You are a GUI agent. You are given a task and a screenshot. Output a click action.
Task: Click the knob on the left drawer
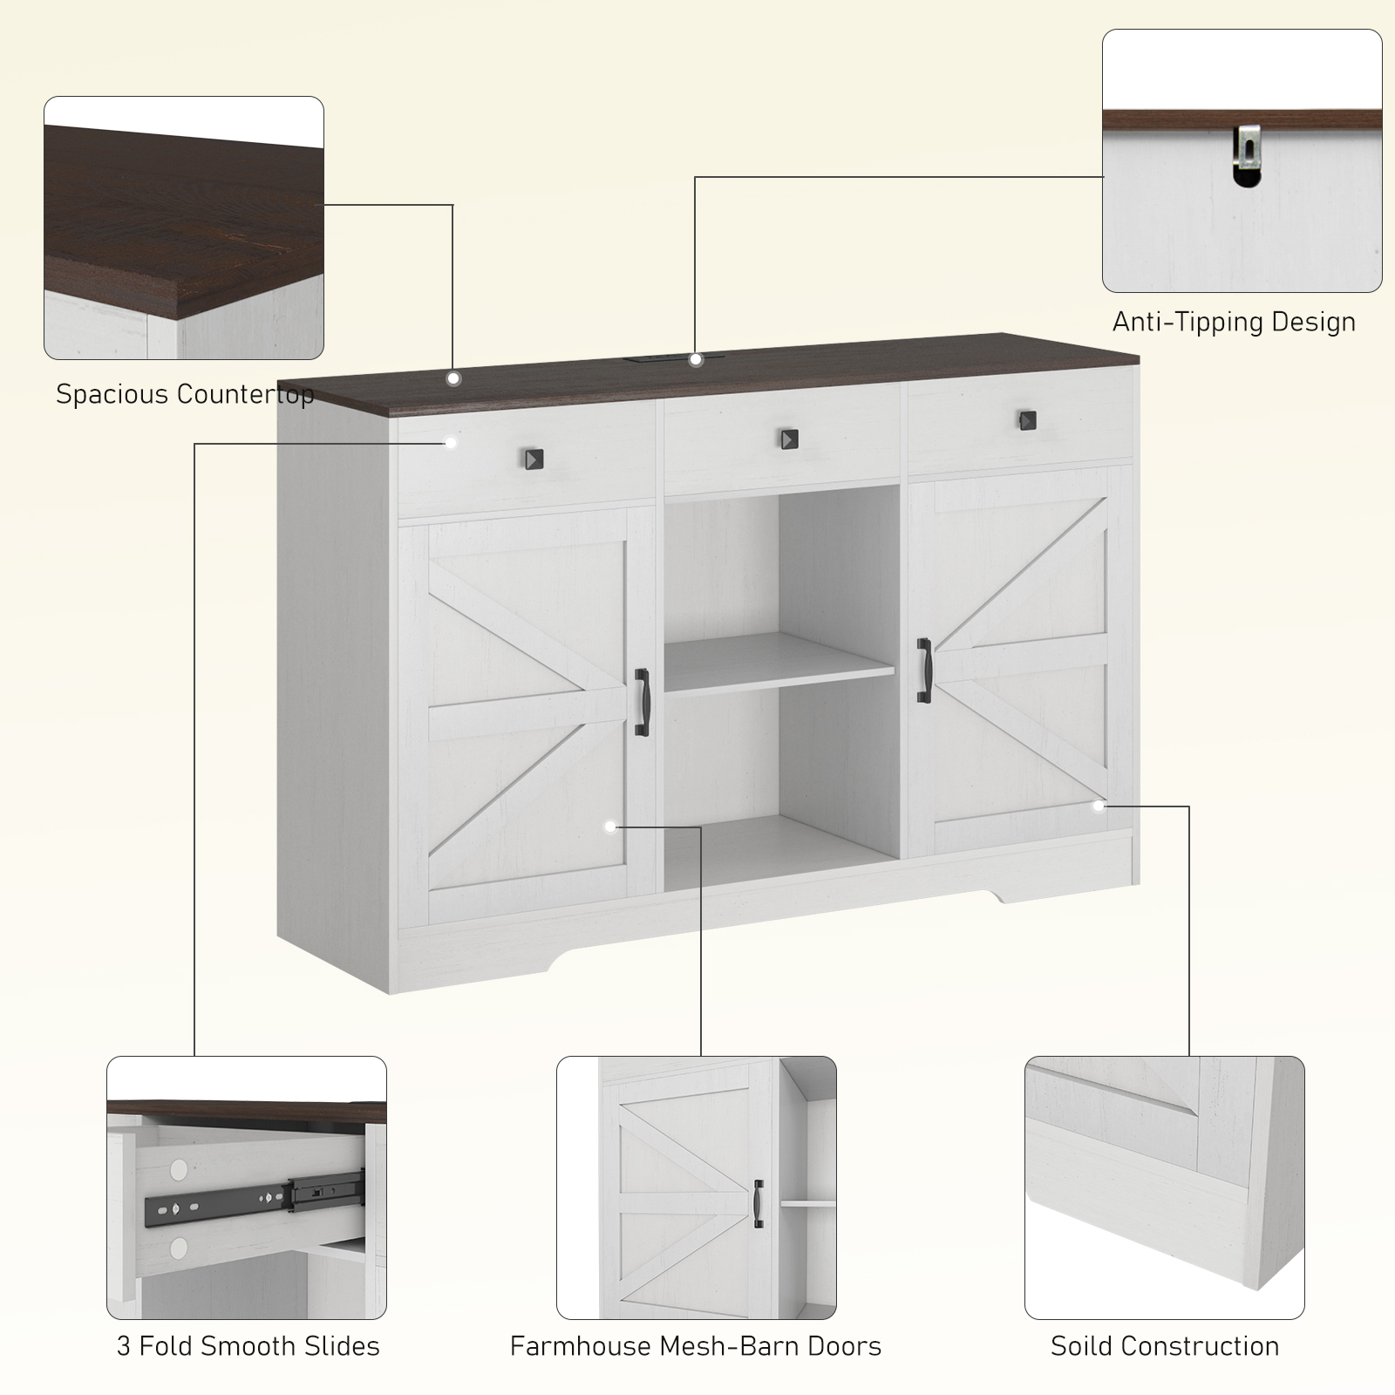point(533,459)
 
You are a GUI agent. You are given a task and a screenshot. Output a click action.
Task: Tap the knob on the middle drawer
point(789,439)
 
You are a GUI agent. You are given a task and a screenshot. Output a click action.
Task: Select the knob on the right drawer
point(1029,420)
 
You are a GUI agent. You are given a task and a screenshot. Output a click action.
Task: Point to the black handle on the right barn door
point(923,669)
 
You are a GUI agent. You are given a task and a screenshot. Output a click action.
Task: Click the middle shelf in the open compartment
point(779,663)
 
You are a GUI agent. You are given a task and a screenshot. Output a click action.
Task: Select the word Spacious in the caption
point(110,395)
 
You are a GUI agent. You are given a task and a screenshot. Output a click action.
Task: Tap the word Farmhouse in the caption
point(580,1346)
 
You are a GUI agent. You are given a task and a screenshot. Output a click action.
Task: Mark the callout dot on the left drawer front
point(451,443)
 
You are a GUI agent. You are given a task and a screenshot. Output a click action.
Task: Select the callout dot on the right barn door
point(1098,806)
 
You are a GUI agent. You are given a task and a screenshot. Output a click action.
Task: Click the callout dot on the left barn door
point(610,826)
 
